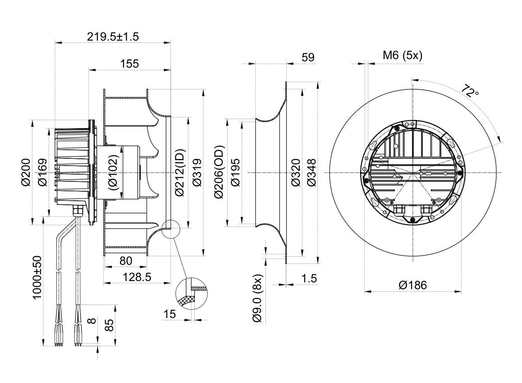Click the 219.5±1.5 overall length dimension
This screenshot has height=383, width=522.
pos(113,36)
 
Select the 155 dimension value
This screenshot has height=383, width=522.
pos(129,63)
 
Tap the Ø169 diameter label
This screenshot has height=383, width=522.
pos(42,172)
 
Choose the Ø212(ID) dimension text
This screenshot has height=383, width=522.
pos(180,172)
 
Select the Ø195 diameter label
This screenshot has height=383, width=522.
pos(235,172)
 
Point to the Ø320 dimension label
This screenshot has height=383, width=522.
pos(296,172)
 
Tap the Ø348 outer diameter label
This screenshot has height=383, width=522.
pos(311,172)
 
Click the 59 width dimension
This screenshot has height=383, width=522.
pos(308,57)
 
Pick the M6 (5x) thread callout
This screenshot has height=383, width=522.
pos(403,55)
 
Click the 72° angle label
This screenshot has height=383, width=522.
pos(471,91)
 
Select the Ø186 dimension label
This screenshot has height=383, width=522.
pos(413,285)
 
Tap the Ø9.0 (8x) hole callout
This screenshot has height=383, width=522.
pos(257,298)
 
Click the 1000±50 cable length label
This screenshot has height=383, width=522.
pos(37,277)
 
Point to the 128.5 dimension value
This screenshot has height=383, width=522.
pos(137,277)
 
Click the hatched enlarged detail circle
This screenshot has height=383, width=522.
pos(192,293)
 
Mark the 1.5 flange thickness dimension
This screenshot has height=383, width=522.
pos(309,278)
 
